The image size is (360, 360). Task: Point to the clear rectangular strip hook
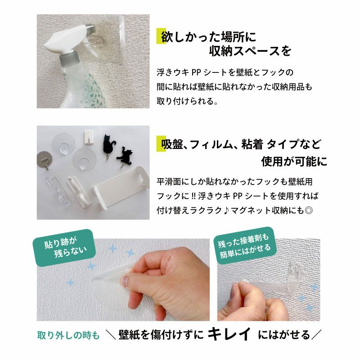click(x=57, y=192)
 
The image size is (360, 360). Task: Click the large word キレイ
click(x=229, y=334)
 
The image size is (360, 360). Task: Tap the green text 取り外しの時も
click(x=68, y=336)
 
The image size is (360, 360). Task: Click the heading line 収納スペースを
click(x=250, y=51)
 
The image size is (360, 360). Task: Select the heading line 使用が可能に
click(x=294, y=161)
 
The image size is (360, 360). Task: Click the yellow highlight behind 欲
click(x=161, y=36)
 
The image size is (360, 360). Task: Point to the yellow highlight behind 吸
click(x=161, y=144)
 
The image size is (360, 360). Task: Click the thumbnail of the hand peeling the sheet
click(x=123, y=279)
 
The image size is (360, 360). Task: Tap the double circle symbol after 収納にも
click(x=308, y=210)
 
